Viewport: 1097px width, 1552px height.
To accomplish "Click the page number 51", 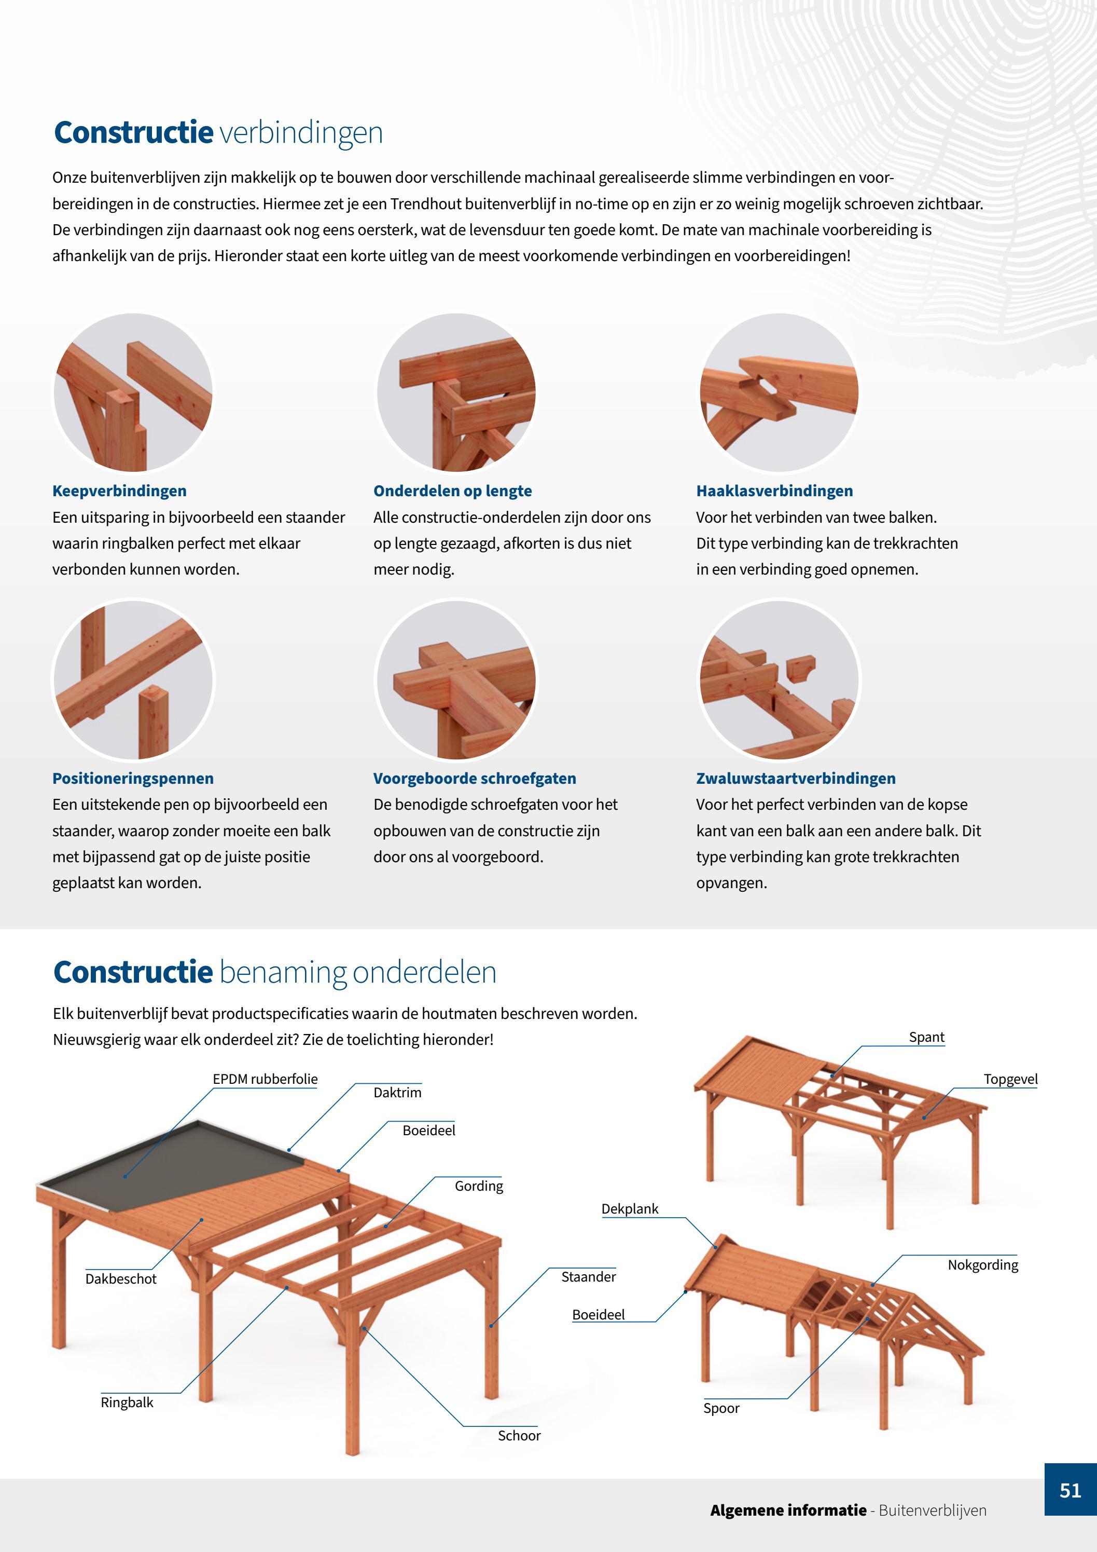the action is [1070, 1490].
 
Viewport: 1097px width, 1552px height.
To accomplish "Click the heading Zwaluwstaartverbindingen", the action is [796, 778].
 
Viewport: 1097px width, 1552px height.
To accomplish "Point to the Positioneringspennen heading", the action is [133, 778].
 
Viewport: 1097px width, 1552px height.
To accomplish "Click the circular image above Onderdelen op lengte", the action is [456, 392].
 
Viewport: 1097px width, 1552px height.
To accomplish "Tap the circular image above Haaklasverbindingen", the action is [779, 392].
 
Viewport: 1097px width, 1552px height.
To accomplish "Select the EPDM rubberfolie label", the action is [266, 1079].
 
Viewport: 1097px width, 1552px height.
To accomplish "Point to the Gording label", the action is [479, 1186].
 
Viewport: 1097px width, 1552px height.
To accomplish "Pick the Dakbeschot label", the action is [121, 1279].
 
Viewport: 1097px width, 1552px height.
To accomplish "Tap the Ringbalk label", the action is [127, 1403].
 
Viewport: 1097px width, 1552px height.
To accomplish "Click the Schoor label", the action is [519, 1436].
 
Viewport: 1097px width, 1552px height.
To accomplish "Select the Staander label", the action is [588, 1277].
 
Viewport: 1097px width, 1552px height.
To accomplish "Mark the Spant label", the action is [927, 1038].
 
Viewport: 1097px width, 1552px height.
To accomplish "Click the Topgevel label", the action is [1010, 1080].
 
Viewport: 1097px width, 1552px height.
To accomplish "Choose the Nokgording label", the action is [983, 1265].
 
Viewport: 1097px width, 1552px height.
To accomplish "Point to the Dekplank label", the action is [630, 1209].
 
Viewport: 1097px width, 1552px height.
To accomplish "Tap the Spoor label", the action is [721, 1409].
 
